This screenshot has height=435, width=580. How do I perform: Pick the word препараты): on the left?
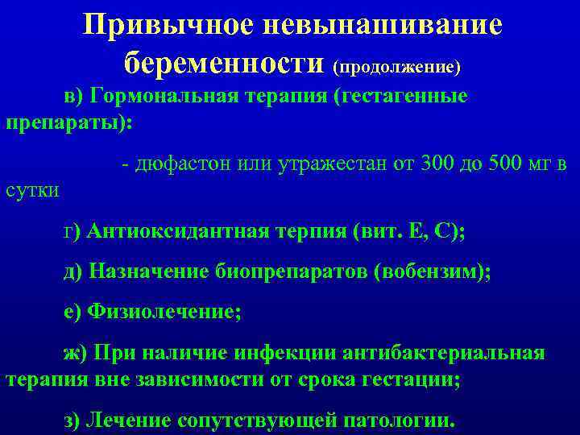point(69,125)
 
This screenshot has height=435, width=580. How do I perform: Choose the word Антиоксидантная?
point(179,232)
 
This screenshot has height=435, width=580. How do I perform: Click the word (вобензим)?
point(433,271)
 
